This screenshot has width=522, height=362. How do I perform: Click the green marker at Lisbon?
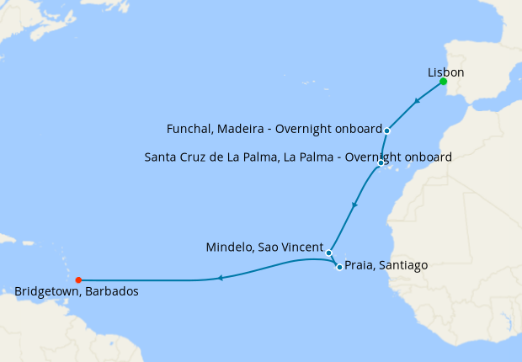[x=443, y=82]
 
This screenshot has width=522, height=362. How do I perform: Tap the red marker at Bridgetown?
[x=77, y=280]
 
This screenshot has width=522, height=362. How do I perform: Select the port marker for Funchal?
[x=386, y=130]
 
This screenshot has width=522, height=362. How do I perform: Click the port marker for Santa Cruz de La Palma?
[x=381, y=162]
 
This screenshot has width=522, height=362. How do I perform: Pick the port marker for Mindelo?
[x=329, y=253]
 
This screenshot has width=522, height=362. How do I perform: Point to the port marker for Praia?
[x=339, y=267]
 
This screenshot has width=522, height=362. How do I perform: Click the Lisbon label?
[x=445, y=72]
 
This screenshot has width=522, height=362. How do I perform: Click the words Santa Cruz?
[x=173, y=157]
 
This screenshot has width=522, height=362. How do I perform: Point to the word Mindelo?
[x=229, y=248]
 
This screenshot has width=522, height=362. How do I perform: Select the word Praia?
[x=360, y=265]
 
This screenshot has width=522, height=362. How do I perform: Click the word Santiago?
[x=403, y=265]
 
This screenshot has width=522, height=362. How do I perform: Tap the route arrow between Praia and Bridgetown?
[x=220, y=278]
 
